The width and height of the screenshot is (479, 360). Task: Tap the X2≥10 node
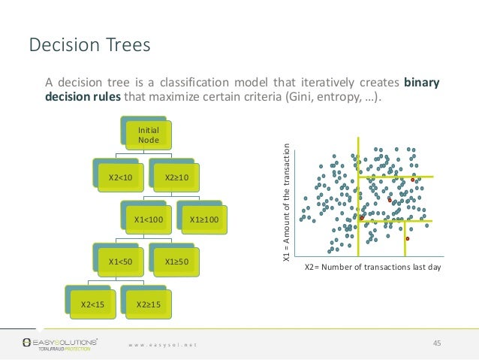(176, 177)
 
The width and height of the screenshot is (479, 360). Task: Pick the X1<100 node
(148, 219)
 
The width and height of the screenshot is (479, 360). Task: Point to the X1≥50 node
(176, 261)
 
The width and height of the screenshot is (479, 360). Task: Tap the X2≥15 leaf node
(148, 304)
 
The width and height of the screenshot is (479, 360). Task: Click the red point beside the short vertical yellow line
(408, 238)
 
